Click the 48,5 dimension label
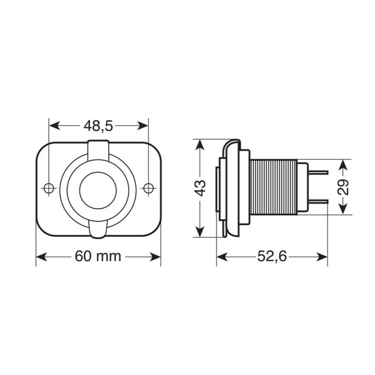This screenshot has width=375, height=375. pyautogui.click(x=99, y=126)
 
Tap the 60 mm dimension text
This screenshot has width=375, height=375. pyautogui.click(x=98, y=256)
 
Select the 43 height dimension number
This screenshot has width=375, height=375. pyautogui.click(x=201, y=187)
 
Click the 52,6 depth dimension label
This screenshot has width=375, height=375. pyautogui.click(x=272, y=256)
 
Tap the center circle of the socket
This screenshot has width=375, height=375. pyautogui.click(x=98, y=188)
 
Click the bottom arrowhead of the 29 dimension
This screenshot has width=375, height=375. pyautogui.click(x=344, y=210)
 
